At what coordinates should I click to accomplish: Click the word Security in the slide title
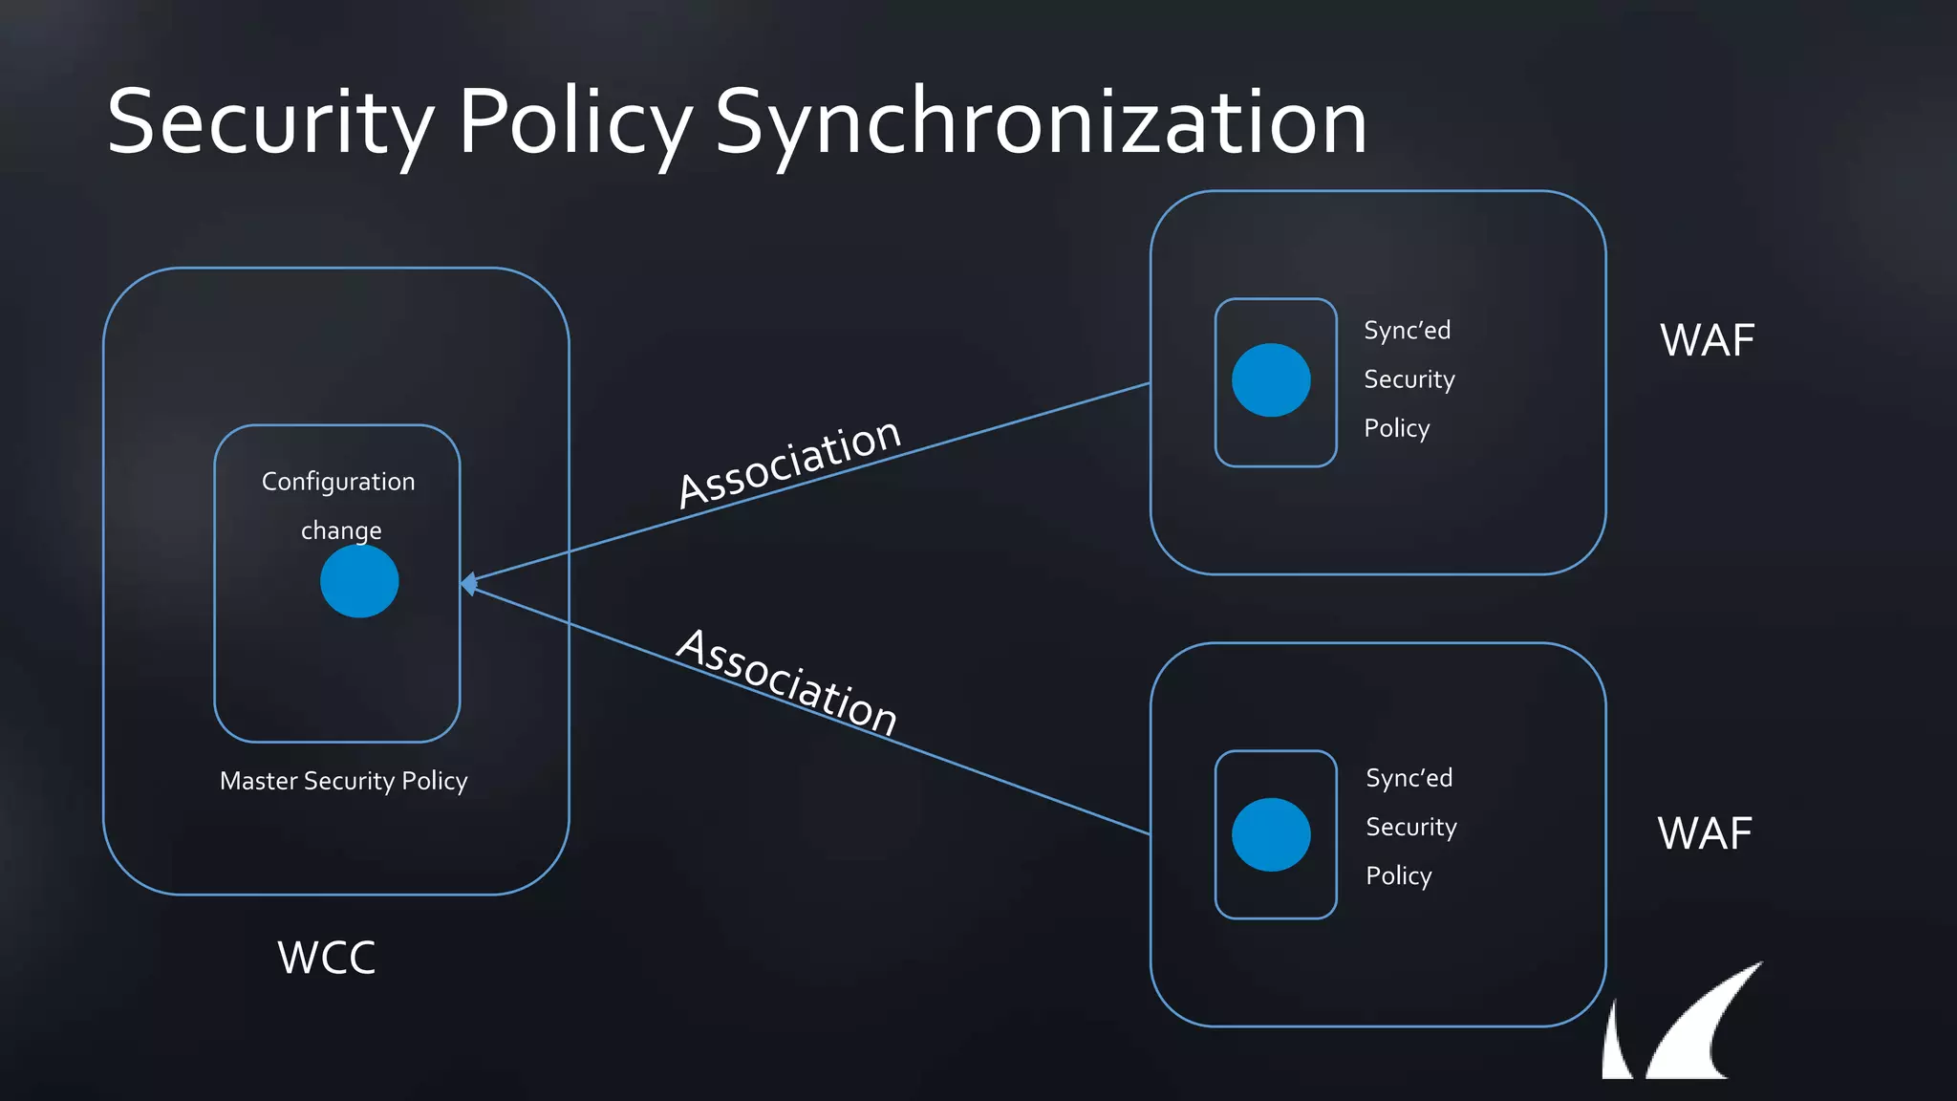[270, 122]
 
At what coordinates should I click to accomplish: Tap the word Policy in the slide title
[575, 122]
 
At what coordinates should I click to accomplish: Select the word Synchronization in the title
[1041, 122]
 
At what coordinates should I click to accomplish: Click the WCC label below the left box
[327, 958]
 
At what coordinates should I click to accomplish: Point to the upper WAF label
[1707, 341]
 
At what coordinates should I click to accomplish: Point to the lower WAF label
[1705, 833]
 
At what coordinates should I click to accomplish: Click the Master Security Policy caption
[343, 781]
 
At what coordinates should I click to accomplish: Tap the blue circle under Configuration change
[359, 582]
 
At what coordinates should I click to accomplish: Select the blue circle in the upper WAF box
[1271, 380]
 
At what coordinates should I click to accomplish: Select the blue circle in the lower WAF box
[1271, 834]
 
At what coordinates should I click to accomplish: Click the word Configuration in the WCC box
[338, 482]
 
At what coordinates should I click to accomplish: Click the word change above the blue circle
[341, 530]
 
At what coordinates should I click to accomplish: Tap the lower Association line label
[787, 680]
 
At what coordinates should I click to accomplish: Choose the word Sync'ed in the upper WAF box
[1407, 331]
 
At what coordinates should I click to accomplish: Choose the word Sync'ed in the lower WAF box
[1409, 778]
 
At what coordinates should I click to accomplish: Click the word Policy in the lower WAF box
[1398, 876]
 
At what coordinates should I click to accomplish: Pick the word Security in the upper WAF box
[1409, 379]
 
